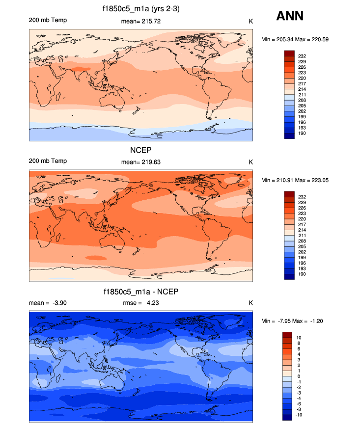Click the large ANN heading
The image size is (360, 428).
(290, 16)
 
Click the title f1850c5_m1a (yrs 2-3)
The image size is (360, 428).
(140, 8)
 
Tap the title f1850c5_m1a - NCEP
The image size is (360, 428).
(140, 292)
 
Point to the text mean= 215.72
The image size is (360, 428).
(140, 21)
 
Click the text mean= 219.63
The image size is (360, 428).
(140, 162)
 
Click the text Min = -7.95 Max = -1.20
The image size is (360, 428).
(295, 321)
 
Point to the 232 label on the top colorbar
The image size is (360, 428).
(302, 56)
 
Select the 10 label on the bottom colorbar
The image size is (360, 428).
(298, 337)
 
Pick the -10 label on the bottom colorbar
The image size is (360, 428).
(299, 415)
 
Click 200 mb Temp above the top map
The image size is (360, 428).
(48, 20)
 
